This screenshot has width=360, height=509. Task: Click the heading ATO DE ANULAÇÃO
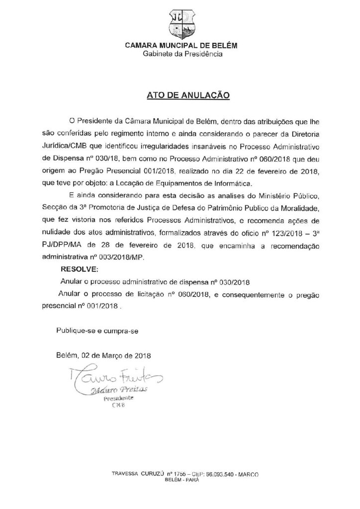[180, 94]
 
